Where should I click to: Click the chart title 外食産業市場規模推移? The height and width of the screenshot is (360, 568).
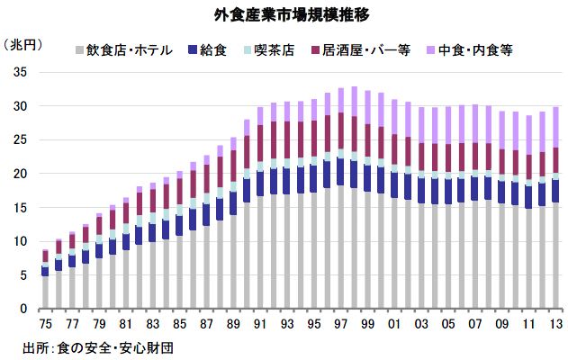284,15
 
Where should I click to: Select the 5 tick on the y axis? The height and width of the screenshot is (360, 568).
22,275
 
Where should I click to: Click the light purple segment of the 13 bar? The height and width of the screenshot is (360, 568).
556,127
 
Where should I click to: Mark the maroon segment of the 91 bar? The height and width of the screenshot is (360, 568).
260,143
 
